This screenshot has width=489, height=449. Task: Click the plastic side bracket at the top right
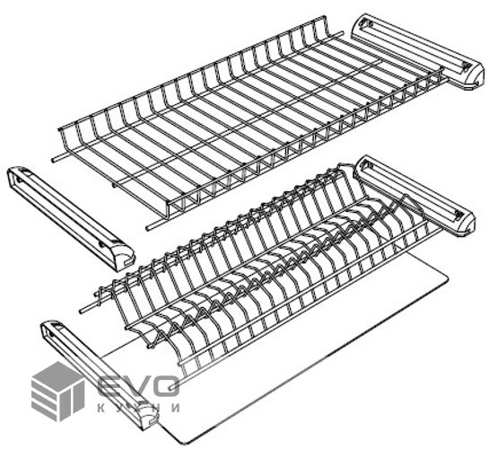pos(418,51)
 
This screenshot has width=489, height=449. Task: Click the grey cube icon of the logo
pos(57,392)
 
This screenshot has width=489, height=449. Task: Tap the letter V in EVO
pos(137,386)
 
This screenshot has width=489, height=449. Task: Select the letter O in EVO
pos(167,386)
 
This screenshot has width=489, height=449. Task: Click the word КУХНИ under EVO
pos(138,408)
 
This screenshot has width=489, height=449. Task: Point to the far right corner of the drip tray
pos(447,277)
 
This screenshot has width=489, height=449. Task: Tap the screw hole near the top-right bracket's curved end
pos(466,66)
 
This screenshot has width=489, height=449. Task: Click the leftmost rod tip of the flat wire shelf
pos(53,160)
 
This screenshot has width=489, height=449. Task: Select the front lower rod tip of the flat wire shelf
pos(147,227)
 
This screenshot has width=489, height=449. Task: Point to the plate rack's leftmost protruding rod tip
pos(81,311)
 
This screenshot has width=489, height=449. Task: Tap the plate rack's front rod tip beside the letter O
pos(170,388)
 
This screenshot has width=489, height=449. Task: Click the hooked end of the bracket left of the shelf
pos(125,260)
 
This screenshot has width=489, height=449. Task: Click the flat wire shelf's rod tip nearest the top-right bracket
pos(342,32)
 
